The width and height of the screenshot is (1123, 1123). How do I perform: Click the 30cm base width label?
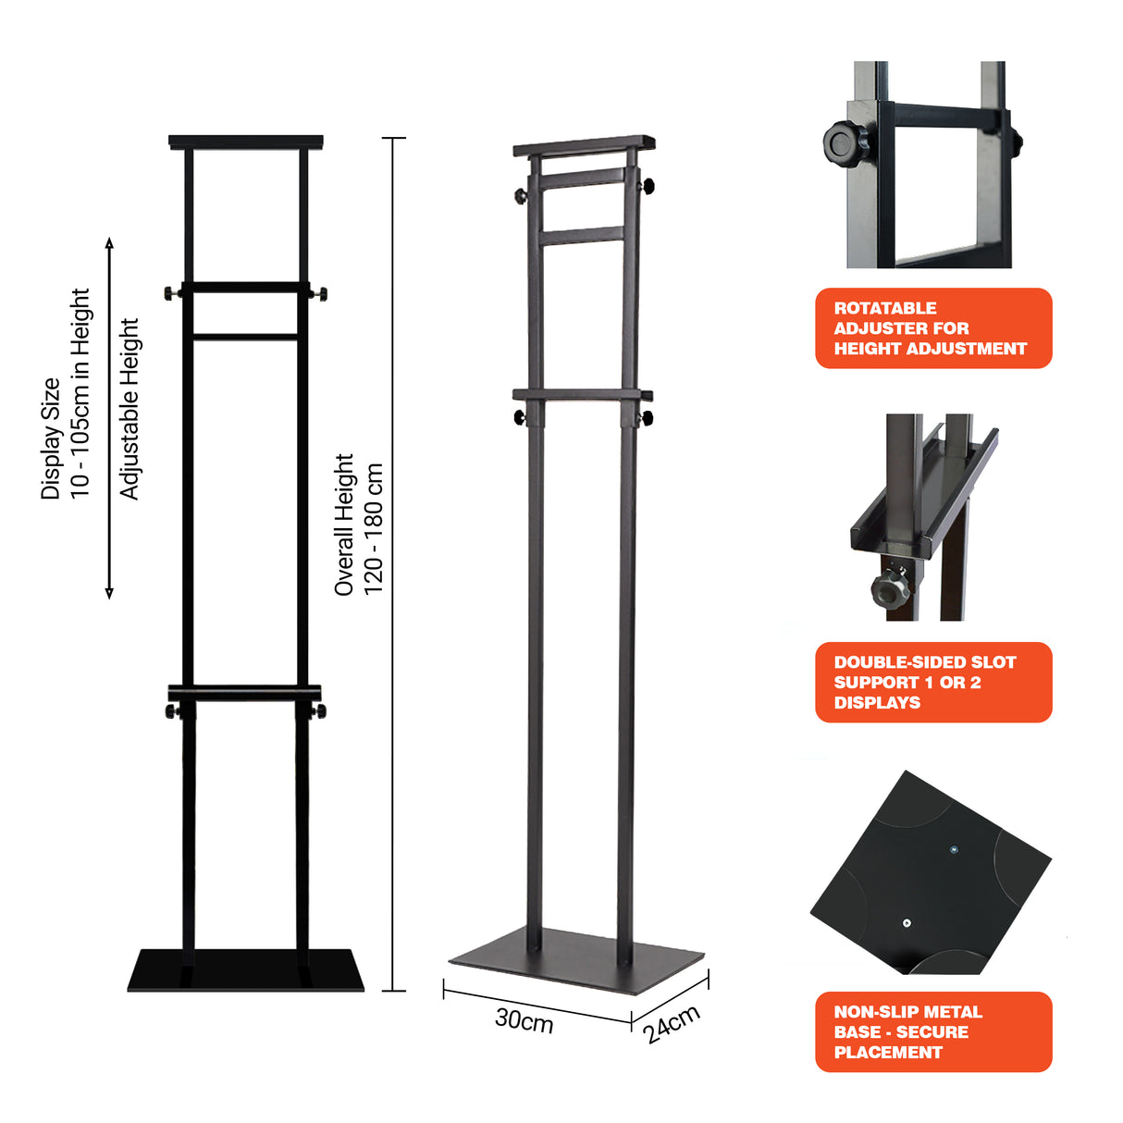click(524, 1019)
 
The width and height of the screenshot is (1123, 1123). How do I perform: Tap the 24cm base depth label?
click(673, 1024)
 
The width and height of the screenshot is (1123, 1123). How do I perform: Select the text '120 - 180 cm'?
click(374, 529)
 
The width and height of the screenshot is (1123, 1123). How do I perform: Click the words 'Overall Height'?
click(344, 524)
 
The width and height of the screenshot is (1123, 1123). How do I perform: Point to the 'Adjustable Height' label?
click(130, 410)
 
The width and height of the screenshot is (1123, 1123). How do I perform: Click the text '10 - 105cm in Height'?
click(80, 393)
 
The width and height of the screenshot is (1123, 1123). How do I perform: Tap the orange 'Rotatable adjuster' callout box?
click(933, 328)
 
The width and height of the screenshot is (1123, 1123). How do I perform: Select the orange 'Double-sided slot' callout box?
click(933, 683)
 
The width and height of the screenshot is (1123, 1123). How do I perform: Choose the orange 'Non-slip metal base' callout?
click(933, 1032)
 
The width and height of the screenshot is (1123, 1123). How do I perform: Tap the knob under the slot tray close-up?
click(890, 587)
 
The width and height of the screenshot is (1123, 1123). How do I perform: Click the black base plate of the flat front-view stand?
click(246, 970)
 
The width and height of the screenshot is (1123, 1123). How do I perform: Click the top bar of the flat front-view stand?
click(246, 143)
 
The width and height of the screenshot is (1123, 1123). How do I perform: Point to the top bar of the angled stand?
click(585, 145)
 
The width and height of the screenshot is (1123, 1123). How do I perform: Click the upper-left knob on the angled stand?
click(522, 196)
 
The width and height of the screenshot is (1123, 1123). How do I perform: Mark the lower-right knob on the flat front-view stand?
click(319, 711)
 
